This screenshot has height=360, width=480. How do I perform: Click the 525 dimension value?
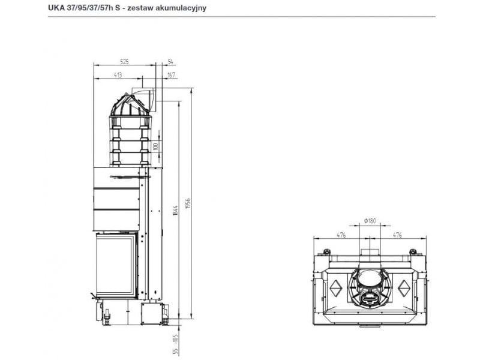point(124,62)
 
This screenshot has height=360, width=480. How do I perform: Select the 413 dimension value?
point(118,75)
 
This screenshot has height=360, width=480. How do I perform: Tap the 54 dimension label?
point(171,62)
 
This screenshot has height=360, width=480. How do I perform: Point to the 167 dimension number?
point(172,75)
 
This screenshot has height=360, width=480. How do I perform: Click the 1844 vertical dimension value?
point(175,211)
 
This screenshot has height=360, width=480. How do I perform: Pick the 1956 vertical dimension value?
point(188,204)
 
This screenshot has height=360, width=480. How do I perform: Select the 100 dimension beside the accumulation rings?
point(155,146)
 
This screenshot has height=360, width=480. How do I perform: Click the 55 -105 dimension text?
point(175,344)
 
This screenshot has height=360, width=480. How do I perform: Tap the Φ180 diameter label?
point(370,221)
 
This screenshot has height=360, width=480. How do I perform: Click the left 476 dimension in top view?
point(341,235)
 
